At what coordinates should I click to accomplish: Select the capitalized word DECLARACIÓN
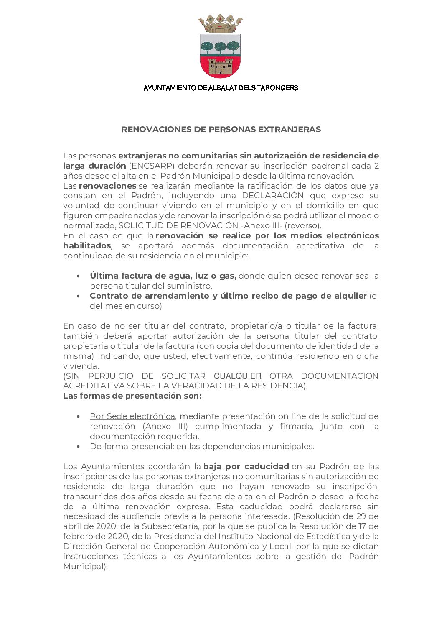273,196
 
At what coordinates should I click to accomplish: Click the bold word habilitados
87,246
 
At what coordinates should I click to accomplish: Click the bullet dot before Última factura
79,276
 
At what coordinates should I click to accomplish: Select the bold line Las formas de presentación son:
132,396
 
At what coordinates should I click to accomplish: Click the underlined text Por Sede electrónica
132,416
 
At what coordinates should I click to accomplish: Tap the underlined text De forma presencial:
132,447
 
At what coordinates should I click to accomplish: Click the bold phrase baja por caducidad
246,466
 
